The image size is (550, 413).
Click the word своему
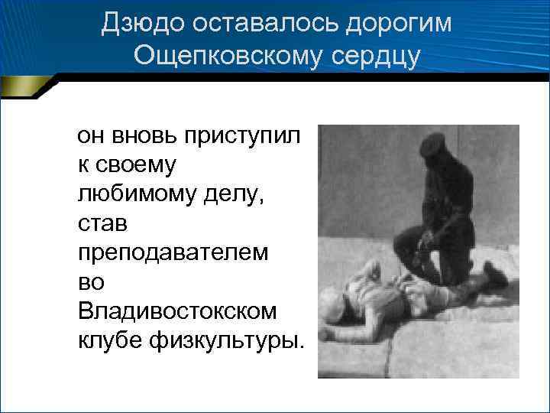(x=137, y=165)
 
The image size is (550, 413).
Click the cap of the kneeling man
(x=432, y=143)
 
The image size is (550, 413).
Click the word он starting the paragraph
(x=90, y=137)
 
